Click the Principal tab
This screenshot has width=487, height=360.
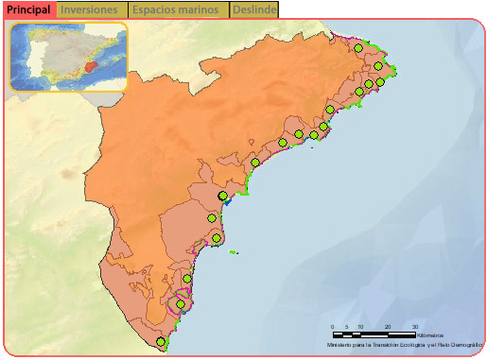[28, 9]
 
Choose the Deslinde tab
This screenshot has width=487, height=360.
[254, 9]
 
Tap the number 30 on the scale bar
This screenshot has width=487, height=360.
[414, 327]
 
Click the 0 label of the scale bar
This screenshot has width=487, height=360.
[333, 327]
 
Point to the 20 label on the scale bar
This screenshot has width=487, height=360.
[387, 327]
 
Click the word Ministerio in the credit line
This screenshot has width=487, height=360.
[342, 345]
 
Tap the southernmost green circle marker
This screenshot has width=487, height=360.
[162, 342]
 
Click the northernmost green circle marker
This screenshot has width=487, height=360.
[358, 48]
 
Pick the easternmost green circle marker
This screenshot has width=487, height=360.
[380, 82]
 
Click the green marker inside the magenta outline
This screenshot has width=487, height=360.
[180, 304]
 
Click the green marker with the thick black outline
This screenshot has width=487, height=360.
[223, 196]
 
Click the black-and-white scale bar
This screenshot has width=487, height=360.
[374, 334]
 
